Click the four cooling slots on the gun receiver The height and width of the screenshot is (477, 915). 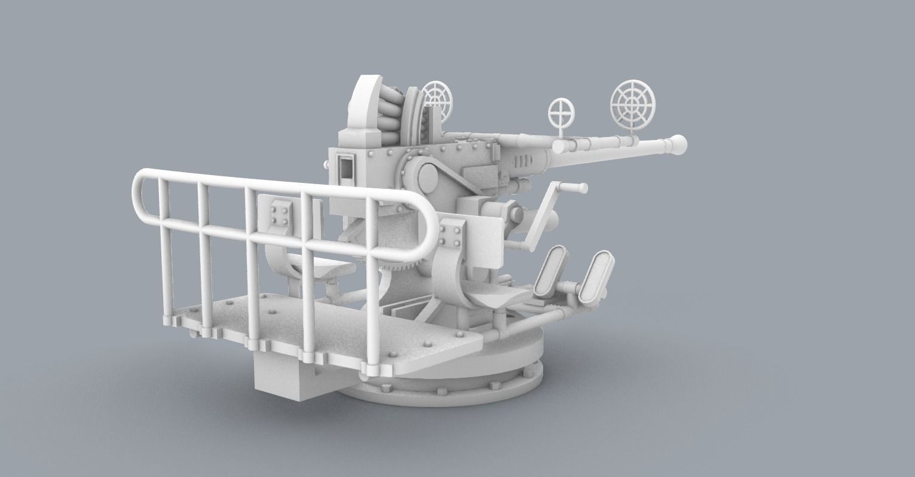522,161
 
